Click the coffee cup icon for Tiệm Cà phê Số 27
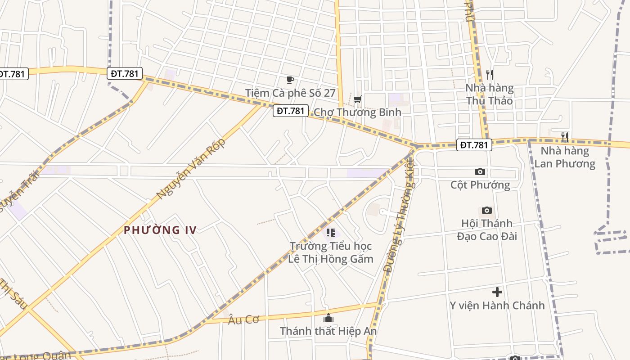click(x=290, y=80)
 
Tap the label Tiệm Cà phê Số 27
click(x=290, y=93)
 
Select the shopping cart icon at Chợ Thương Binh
click(x=357, y=99)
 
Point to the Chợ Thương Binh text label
click(x=357, y=112)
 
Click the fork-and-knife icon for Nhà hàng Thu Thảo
click(x=490, y=75)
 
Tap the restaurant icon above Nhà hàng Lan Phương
click(x=565, y=137)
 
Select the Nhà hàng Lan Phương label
click(x=565, y=157)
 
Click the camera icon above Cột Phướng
click(x=480, y=171)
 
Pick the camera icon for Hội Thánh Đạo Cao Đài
click(x=486, y=210)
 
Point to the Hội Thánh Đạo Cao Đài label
click(x=487, y=229)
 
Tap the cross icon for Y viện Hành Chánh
click(x=497, y=292)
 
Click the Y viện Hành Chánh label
click(x=497, y=306)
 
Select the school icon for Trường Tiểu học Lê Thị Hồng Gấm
click(x=331, y=233)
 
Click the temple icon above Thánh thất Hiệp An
click(x=328, y=318)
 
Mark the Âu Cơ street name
click(x=244, y=319)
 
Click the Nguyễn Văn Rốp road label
click(x=190, y=169)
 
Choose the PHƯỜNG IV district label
click(x=160, y=230)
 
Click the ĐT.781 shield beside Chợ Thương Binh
click(x=290, y=111)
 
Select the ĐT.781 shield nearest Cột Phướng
click(x=474, y=145)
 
